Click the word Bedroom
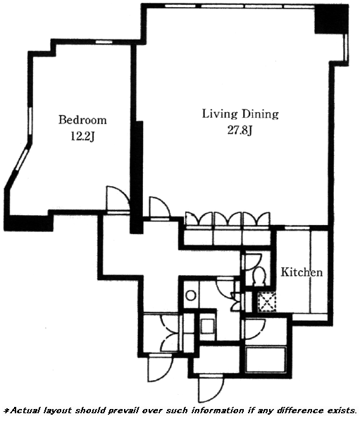click(82, 120)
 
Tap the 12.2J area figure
click(82, 137)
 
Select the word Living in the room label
click(220, 114)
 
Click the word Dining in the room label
click(260, 114)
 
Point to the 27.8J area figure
click(240, 130)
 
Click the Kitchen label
click(302, 272)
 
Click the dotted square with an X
click(266, 302)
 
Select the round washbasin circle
click(191, 295)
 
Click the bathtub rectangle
click(266, 360)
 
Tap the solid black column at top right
click(331, 19)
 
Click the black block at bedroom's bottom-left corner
click(29, 223)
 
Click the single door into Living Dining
click(160, 208)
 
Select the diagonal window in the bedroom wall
click(22, 160)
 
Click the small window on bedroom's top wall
click(104, 42)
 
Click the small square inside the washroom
click(207, 326)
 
